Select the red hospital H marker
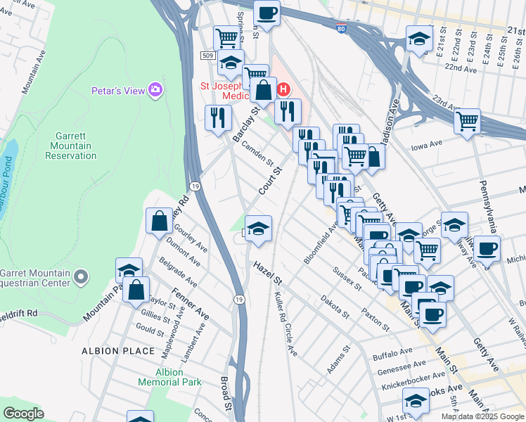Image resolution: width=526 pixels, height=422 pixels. (283, 89)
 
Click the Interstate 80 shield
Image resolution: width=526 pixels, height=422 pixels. (340, 29)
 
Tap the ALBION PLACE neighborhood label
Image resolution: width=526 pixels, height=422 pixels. (117, 350)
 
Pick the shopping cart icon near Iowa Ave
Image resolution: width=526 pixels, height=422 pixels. (467, 122)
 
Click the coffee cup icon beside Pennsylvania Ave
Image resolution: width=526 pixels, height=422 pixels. (487, 248)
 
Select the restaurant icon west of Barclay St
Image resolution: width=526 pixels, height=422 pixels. (218, 117)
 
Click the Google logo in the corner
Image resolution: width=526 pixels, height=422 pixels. (23, 413)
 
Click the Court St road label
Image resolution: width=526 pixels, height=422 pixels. (270, 181)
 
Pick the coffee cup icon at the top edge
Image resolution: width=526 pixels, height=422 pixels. (267, 12)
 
